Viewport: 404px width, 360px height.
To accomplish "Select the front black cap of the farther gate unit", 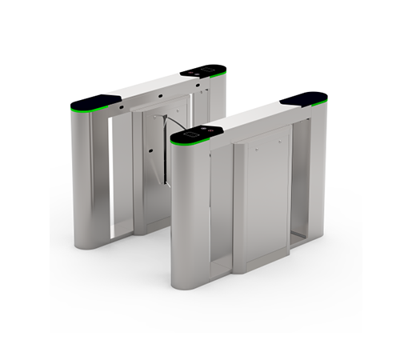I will coord(95,102).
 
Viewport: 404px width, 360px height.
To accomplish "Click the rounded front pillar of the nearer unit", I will coord(189,216).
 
